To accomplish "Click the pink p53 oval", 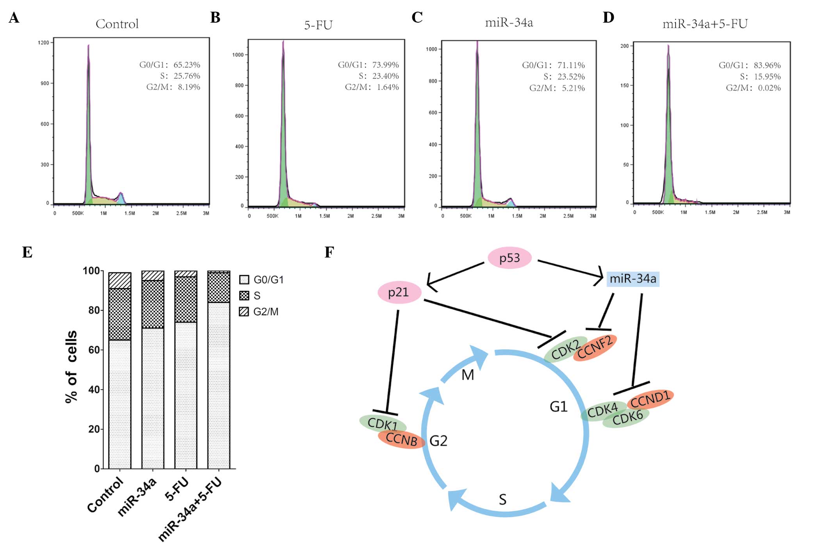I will tap(509, 258).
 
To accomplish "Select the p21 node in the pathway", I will tap(399, 292).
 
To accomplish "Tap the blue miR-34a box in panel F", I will tap(632, 279).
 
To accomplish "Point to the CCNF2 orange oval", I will tap(595, 347).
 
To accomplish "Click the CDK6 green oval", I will tap(627, 418).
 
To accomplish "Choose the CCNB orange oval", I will tap(401, 440).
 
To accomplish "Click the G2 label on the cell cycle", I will tap(438, 441).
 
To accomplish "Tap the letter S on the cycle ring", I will tap(502, 500).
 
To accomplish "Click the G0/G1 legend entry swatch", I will tap(244, 280).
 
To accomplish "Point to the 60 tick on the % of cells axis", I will tap(94, 350).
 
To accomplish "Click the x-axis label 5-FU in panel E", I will tap(178, 489).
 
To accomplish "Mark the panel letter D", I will tap(608, 18).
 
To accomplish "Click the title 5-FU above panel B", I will tap(318, 25).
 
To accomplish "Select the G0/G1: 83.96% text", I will tap(750, 65).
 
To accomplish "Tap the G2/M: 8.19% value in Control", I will tap(173, 87).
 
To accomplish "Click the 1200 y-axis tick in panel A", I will tap(43, 43).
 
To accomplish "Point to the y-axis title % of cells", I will tap(71, 367).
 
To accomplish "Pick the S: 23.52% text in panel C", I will tap(564, 76).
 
